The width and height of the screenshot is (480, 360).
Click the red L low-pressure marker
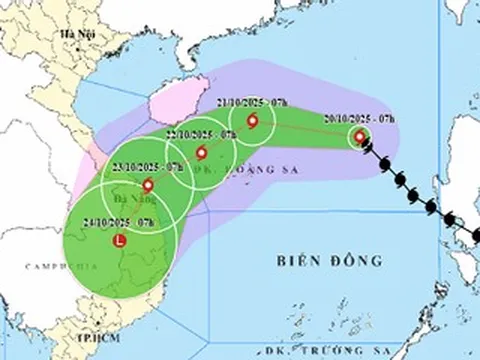[x=121, y=240]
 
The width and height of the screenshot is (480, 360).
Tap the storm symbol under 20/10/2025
[x=360, y=137]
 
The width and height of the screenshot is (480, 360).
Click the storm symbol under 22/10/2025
[x=202, y=153]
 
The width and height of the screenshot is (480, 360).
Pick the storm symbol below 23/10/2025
[x=149, y=185]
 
